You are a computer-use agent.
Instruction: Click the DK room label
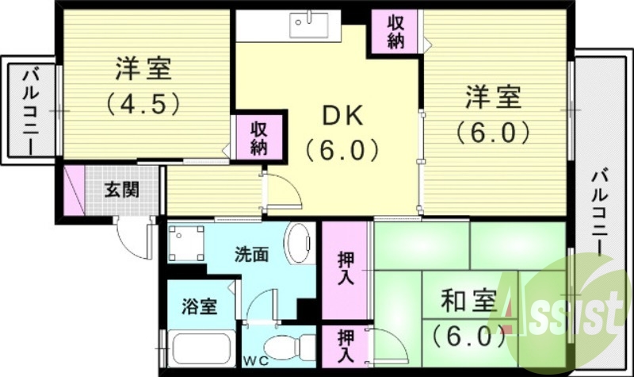tap(343, 116)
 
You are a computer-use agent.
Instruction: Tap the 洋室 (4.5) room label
tap(143, 69)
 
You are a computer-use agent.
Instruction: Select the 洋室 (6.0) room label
tap(492, 99)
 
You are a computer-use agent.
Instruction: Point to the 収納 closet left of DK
tap(259, 137)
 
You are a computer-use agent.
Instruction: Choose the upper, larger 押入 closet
tap(346, 270)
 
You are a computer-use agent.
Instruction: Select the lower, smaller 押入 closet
tap(346, 348)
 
